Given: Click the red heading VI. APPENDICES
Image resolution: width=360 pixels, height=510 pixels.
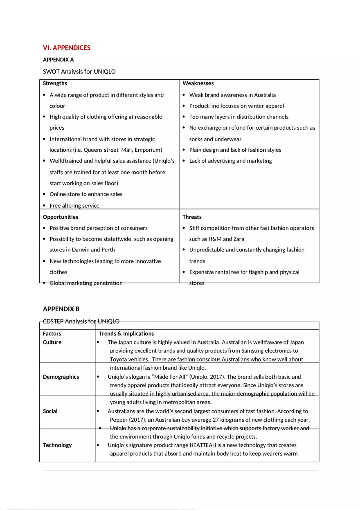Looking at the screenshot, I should [x=67, y=48].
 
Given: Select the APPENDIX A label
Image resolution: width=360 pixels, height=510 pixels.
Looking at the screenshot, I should [x=58, y=60].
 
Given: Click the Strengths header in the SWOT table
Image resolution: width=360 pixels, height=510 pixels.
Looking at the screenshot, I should [x=55, y=83].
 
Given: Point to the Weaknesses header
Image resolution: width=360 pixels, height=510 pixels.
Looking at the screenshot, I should [x=198, y=83].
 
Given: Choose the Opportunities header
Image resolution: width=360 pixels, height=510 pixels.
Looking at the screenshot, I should [x=60, y=217].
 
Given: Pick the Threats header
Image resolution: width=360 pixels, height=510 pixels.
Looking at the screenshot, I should [x=192, y=217].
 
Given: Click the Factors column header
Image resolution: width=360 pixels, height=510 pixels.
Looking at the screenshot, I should [x=52, y=334].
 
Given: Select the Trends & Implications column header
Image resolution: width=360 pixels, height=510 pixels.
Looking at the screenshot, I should [x=126, y=334].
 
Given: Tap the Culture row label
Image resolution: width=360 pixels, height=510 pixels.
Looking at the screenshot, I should [x=52, y=342].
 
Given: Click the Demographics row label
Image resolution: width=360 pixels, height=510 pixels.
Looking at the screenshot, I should [x=61, y=377].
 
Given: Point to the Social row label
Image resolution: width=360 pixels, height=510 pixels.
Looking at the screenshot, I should [x=50, y=411].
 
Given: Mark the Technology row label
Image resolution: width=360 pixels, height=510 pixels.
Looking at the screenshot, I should [x=57, y=445].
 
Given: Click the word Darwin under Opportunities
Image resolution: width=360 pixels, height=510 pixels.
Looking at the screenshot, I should [x=81, y=250].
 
